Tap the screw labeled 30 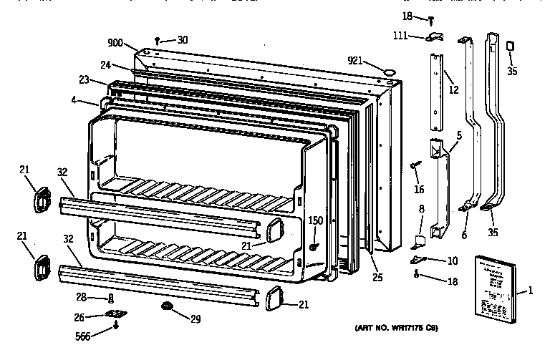(158, 41)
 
